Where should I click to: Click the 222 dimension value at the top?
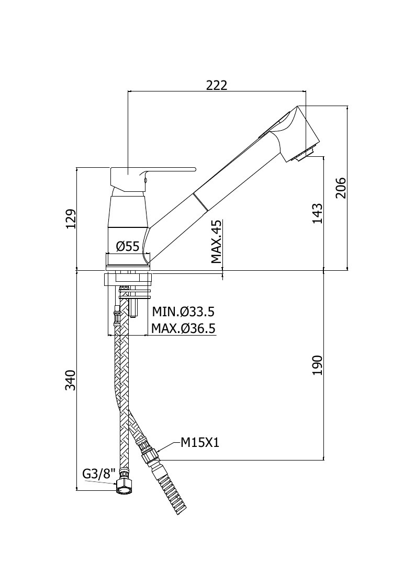click(x=217, y=85)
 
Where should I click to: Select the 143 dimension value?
click(x=317, y=213)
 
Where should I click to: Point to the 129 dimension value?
click(x=71, y=218)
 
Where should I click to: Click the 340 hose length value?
click(x=71, y=381)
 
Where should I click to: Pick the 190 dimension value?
click(x=317, y=365)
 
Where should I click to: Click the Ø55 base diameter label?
click(x=128, y=246)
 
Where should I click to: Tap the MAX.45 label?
click(x=217, y=242)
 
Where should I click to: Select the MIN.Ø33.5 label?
click(x=183, y=312)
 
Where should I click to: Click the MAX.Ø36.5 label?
click(x=183, y=329)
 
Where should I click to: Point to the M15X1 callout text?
click(x=200, y=443)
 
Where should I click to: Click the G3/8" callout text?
click(x=98, y=474)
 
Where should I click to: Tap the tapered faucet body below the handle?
click(x=128, y=211)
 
